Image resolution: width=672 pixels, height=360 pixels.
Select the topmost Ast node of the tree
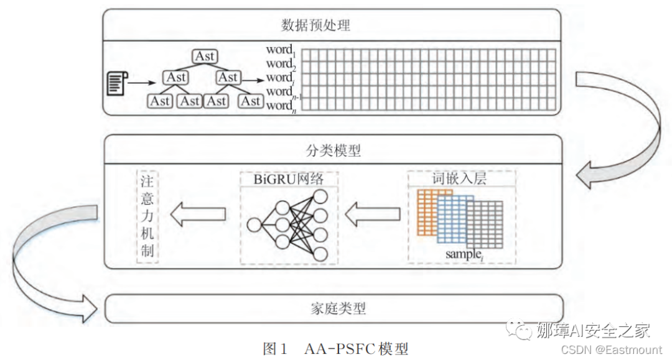pos(205,57)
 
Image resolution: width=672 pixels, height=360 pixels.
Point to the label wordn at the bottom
pos(280,106)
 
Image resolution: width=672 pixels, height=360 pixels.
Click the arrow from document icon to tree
pos(143,82)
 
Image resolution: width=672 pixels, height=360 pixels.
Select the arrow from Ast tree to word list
pos(252,80)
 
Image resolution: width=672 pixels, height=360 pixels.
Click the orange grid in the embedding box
pos(426,211)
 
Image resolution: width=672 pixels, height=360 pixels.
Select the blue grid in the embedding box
pos(453,219)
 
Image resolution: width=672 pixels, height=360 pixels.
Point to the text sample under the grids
pos(463,254)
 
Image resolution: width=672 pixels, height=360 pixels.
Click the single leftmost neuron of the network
pos(254,224)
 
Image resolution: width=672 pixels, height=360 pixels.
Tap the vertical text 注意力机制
pos(147,216)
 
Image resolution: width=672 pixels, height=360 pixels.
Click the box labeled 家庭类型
pos(335,308)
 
